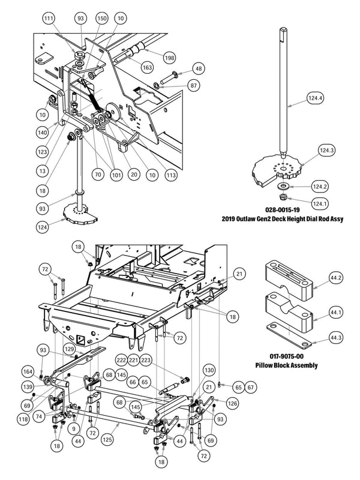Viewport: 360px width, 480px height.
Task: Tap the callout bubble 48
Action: point(199,68)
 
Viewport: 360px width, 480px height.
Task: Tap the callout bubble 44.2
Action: point(336,278)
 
